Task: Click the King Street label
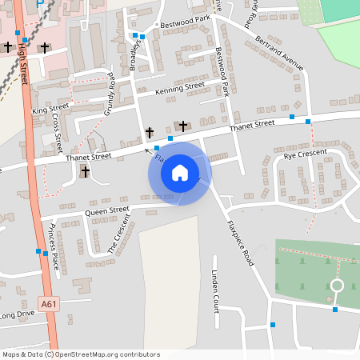tap(50, 108)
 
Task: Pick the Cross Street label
tap(57, 132)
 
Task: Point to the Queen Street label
tap(106, 211)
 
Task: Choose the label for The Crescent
tap(118, 238)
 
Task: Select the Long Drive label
tap(18, 316)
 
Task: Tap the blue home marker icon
tap(180, 173)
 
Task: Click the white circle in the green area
tap(337, 286)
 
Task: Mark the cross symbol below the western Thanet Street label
tap(85, 171)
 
